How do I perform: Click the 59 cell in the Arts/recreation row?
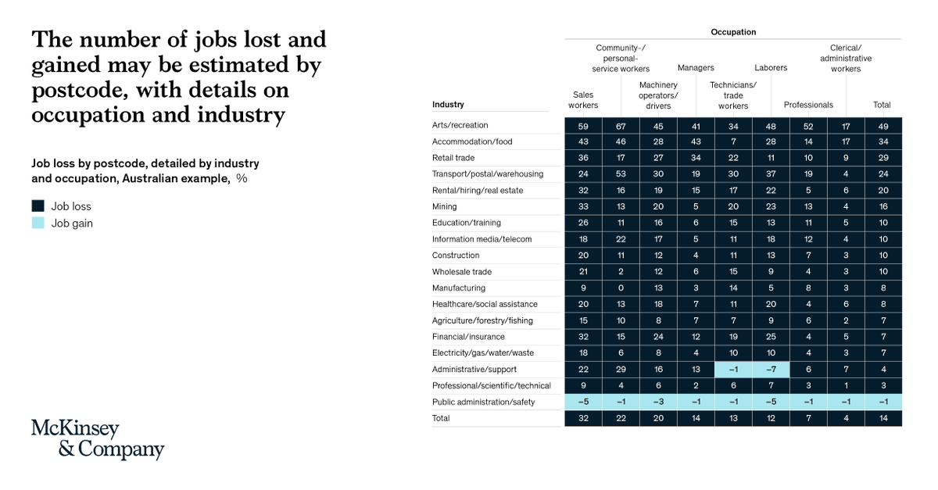pyautogui.click(x=583, y=126)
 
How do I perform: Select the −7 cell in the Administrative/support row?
pyautogui.click(x=771, y=370)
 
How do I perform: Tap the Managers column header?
pyautogui.click(x=695, y=68)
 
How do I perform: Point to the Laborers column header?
pyautogui.click(x=771, y=68)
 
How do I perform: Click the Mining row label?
pyautogui.click(x=446, y=207)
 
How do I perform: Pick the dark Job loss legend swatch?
pyautogui.click(x=38, y=206)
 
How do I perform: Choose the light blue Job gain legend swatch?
pyautogui.click(x=38, y=224)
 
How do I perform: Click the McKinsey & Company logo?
pyautogui.click(x=98, y=439)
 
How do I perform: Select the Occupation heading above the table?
pyautogui.click(x=733, y=32)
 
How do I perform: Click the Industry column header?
pyautogui.click(x=448, y=105)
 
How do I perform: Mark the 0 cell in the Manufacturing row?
pyautogui.click(x=621, y=288)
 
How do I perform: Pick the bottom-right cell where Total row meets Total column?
pyautogui.click(x=883, y=418)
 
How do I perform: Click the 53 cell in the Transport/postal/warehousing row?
pyautogui.click(x=621, y=174)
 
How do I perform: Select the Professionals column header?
pyautogui.click(x=808, y=105)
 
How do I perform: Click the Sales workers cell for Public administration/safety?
pyautogui.click(x=583, y=402)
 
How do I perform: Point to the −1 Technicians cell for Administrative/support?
pyautogui.click(x=733, y=370)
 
